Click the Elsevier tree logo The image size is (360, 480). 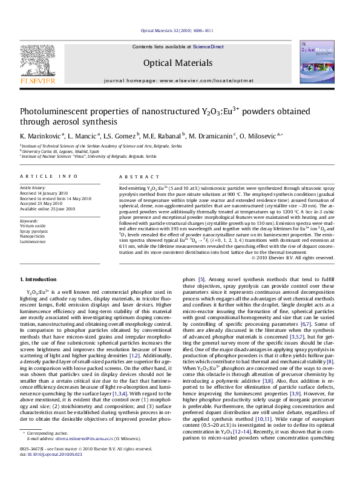click(39, 61)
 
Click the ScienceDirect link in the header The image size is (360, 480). click(209, 47)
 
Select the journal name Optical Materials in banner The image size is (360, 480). click(178, 63)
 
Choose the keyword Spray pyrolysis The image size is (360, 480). click(34, 232)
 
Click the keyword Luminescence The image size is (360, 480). click(33, 241)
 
